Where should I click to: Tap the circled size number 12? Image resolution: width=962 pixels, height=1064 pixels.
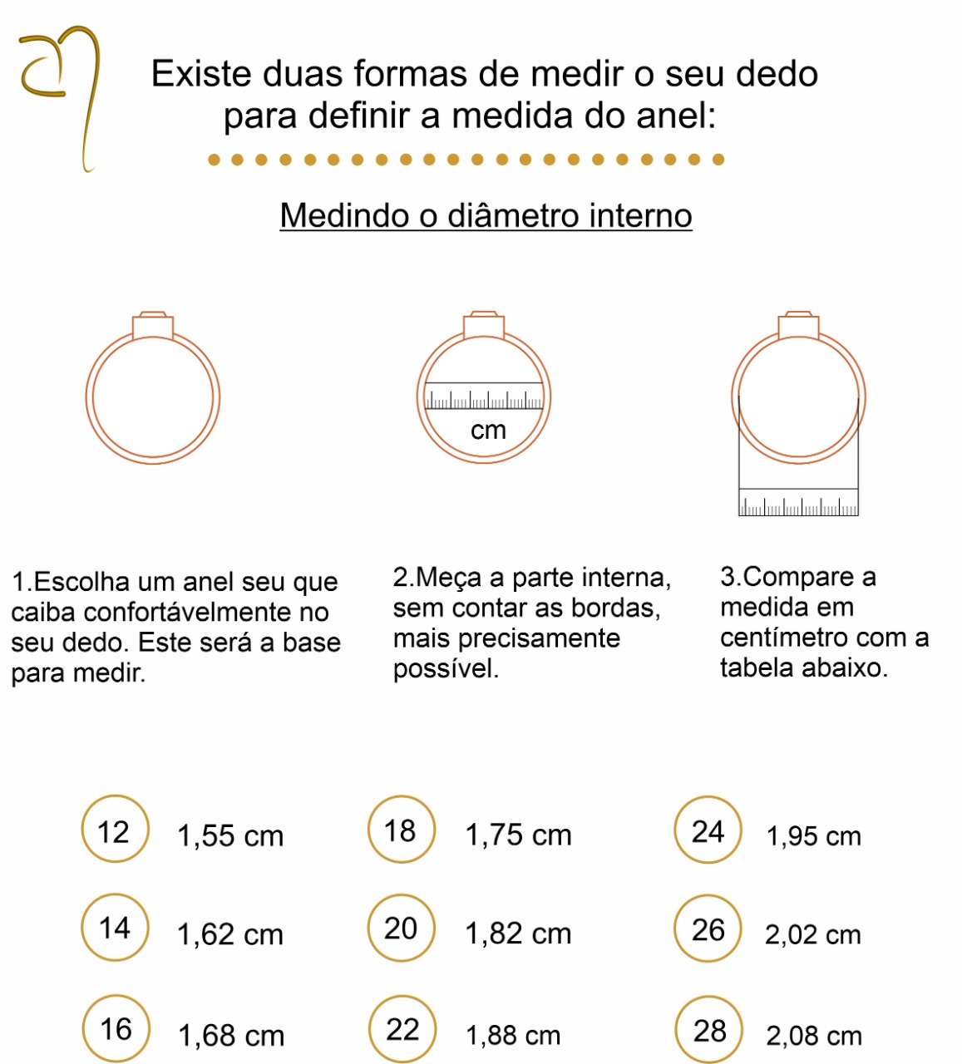coord(115,829)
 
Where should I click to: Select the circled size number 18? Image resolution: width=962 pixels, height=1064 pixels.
coord(401,829)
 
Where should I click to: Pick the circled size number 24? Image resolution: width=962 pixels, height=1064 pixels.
coord(708,830)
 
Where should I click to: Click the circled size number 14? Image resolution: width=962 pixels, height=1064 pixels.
coord(115,928)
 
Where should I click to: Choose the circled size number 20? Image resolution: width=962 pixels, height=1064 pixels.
coord(401,929)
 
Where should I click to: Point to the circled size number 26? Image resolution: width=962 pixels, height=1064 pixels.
coord(708,929)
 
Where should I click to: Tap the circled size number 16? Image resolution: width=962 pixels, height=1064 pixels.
coord(116,1028)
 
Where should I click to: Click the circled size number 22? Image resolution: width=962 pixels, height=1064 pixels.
coord(402,1029)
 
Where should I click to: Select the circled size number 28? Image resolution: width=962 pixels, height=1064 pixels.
coord(709,1030)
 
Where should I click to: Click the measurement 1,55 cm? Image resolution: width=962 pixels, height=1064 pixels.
coord(230,836)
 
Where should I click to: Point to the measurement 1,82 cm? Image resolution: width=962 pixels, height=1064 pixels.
coord(518,933)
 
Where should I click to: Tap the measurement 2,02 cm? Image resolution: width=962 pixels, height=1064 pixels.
coord(813,934)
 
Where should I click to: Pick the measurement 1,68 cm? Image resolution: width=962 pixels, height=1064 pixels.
coord(231,1036)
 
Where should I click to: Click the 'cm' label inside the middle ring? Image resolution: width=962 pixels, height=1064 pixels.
coord(488,430)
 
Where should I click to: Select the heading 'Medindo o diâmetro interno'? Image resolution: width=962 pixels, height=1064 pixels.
coord(486,215)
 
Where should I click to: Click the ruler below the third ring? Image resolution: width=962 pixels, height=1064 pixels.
coord(798,502)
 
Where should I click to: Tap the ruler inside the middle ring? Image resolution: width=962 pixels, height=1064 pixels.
coord(484,396)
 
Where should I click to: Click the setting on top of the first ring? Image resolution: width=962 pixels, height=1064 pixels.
coord(153,325)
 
